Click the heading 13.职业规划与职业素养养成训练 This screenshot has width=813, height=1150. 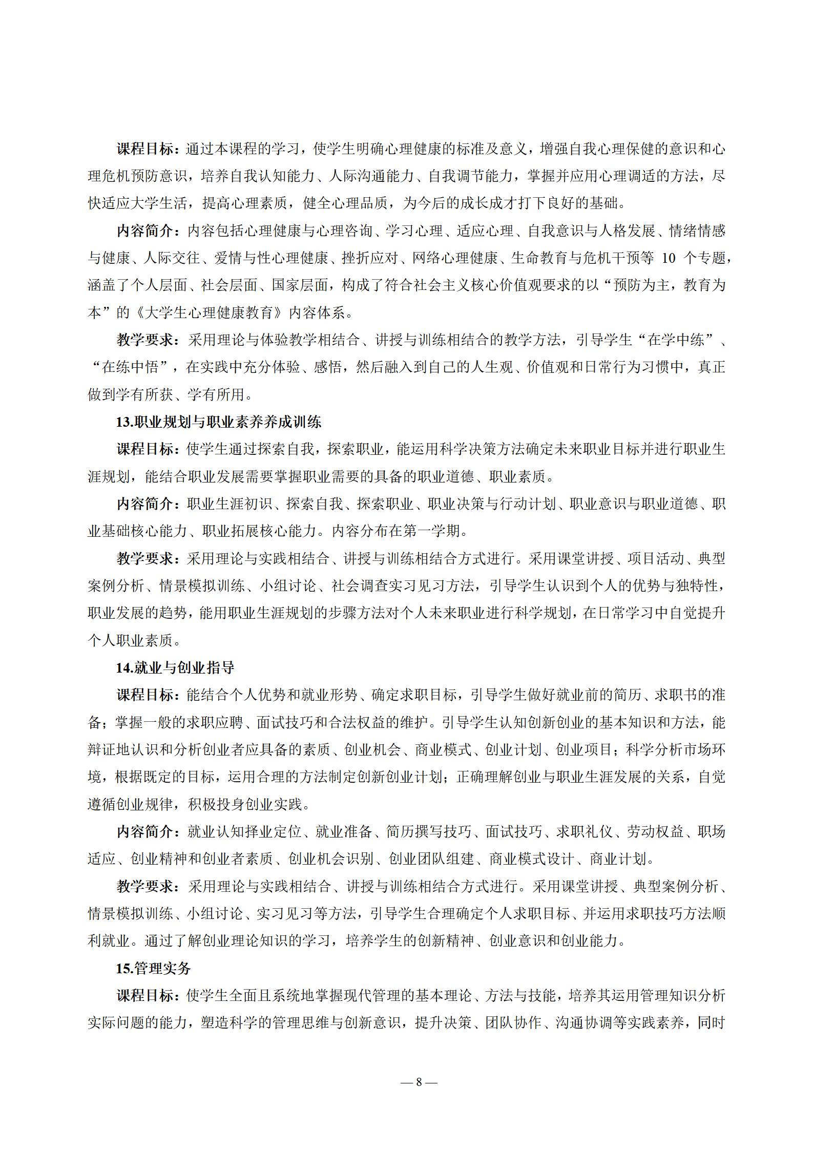click(x=218, y=422)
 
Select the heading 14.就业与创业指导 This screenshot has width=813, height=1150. click(x=175, y=668)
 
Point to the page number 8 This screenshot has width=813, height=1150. click(x=419, y=1082)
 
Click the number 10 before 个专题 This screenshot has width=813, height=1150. click(x=669, y=258)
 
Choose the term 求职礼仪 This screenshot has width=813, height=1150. click(x=585, y=832)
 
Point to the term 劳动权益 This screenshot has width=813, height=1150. click(x=655, y=832)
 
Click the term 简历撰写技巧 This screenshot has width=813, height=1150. click(x=428, y=832)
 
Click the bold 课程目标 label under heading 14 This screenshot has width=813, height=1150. click(x=145, y=695)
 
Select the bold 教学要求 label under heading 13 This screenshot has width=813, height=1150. click(x=145, y=559)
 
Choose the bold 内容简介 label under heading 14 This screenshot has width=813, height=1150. click(x=145, y=832)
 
